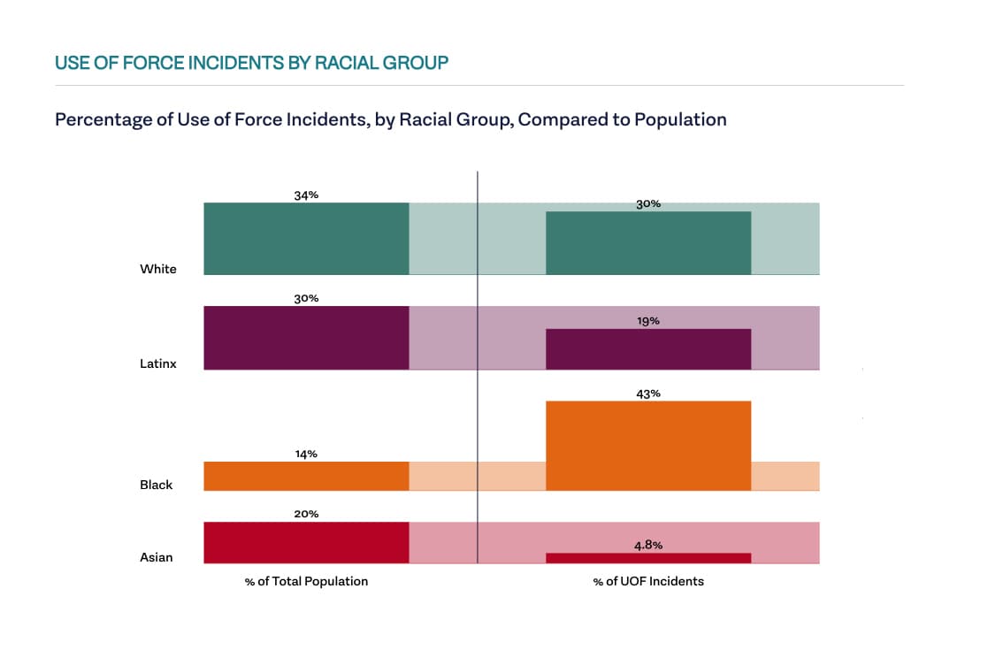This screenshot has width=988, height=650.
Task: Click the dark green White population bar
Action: coord(306,239)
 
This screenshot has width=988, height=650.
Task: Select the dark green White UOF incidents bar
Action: coord(648,243)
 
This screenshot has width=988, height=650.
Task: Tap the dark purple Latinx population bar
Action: coord(306,338)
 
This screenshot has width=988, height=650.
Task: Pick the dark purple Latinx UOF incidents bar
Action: coord(648,349)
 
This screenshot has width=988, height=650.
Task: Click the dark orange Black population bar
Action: coord(306,476)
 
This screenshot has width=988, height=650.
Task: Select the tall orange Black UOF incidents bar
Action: coord(648,446)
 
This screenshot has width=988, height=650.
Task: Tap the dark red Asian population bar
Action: coord(306,542)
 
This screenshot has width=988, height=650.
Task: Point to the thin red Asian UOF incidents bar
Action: coord(648,558)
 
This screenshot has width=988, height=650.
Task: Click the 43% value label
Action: coord(648,394)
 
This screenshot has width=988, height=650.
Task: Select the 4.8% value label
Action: coord(648,546)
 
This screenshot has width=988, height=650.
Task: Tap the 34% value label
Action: coord(306,195)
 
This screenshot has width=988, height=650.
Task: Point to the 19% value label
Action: coord(648,321)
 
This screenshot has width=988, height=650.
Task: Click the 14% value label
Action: coord(306,454)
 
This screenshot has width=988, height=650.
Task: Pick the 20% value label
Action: coord(306,514)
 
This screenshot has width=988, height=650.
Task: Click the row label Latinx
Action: coord(158,363)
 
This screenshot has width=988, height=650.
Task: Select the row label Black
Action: coord(157,485)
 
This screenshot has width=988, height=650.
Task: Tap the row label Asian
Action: coord(157,557)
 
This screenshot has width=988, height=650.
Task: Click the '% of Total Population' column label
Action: coord(306,581)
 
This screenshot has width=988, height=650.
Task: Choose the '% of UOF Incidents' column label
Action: coord(648,581)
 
